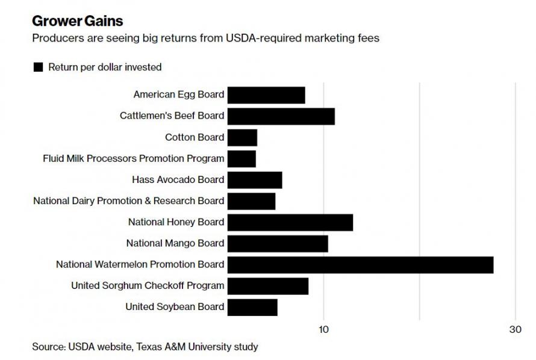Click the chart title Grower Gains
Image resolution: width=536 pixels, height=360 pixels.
pyautogui.click(x=78, y=22)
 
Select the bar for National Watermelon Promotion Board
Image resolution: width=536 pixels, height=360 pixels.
pyautogui.click(x=360, y=265)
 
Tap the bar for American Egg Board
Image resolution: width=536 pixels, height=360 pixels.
pyautogui.click(x=266, y=95)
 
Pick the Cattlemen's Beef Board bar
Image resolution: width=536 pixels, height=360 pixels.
pyautogui.click(x=281, y=116)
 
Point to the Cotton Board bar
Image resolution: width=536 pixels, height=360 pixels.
pyautogui.click(x=242, y=137)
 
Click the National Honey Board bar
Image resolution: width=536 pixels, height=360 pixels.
pyautogui.click(x=290, y=222)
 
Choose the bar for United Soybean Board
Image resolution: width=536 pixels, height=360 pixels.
pyautogui.click(x=252, y=307)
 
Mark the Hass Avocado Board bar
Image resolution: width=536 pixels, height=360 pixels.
pyautogui.click(x=255, y=180)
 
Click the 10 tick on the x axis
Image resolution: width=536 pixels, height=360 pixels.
pyautogui.click(x=323, y=329)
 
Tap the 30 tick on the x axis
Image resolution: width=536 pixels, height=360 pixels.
pyautogui.click(x=515, y=329)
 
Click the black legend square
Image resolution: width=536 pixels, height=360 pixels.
pyautogui.click(x=38, y=67)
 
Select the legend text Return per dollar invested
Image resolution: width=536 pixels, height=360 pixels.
pyautogui.click(x=105, y=67)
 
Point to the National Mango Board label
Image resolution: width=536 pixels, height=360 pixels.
pyautogui.click(x=175, y=243)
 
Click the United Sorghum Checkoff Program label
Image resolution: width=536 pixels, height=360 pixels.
pyautogui.click(x=148, y=285)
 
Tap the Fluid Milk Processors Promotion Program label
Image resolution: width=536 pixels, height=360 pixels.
pyautogui.click(x=134, y=158)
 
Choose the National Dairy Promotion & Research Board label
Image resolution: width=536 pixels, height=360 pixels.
pyautogui.click(x=129, y=200)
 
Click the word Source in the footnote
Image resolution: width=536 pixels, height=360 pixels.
pyautogui.click(x=48, y=347)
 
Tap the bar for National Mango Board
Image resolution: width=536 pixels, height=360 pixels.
pyautogui.click(x=278, y=243)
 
